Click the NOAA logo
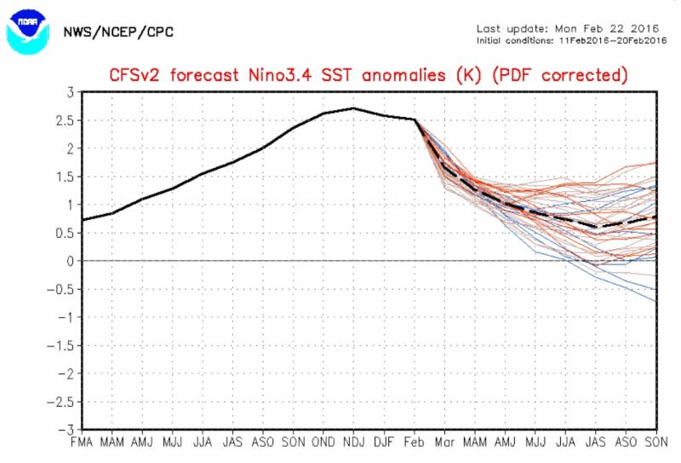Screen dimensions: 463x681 (26, 31)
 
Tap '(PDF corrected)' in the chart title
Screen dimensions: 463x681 (563, 75)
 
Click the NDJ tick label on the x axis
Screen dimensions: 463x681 (353, 443)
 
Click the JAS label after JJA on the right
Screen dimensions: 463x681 (595, 443)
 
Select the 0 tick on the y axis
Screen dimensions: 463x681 (68, 261)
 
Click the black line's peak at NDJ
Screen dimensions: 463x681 (353, 108)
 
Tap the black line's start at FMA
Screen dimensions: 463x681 (82, 220)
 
